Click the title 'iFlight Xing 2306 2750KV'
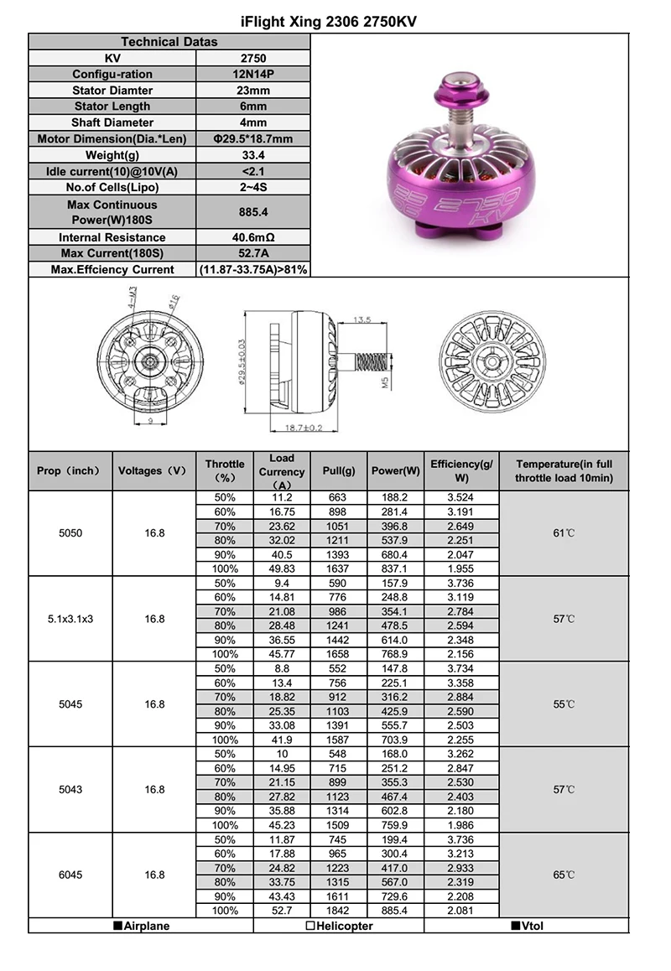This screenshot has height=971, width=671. pyautogui.click(x=329, y=23)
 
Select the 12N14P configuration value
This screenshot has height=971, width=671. pyautogui.click(x=253, y=75)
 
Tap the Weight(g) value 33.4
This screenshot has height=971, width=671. pyautogui.click(x=253, y=155)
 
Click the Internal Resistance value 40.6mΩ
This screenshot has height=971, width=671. pyautogui.click(x=253, y=237)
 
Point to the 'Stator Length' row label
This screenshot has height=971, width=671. pyautogui.click(x=112, y=106)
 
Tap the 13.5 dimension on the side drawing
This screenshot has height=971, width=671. pyautogui.click(x=362, y=320)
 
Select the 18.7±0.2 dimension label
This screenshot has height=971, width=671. pyautogui.click(x=304, y=428)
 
